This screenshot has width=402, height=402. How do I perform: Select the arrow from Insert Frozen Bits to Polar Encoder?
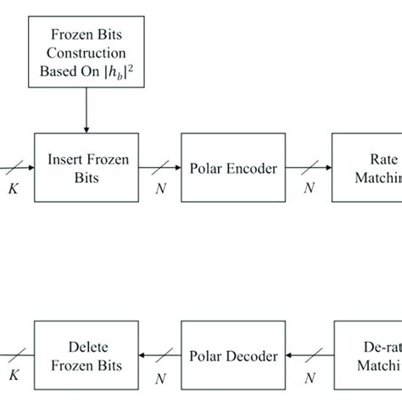point(157,168)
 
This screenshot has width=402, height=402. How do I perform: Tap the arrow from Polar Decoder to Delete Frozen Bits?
point(157,356)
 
